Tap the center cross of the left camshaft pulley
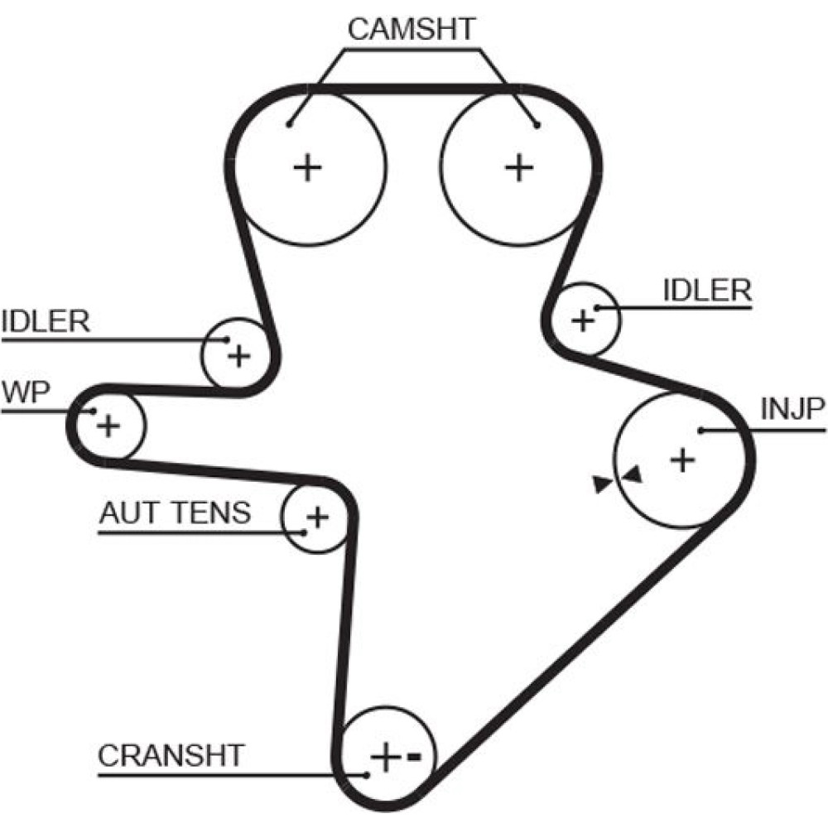pyautogui.click(x=308, y=168)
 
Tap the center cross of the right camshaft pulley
pyautogui.click(x=520, y=168)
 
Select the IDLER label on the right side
pyautogui.click(x=707, y=291)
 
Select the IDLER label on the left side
pyautogui.click(x=46, y=321)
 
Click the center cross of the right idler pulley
pyautogui.click(x=584, y=320)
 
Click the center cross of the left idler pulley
pyautogui.click(x=238, y=357)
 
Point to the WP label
pyautogui.click(x=22, y=392)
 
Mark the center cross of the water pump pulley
pyautogui.click(x=108, y=426)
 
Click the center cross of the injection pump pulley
pyautogui.click(x=682, y=459)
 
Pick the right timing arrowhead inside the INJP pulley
pyautogui.click(x=633, y=475)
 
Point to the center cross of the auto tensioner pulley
pyautogui.click(x=317, y=518)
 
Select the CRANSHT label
pyautogui.click(x=171, y=755)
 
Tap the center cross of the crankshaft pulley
pyautogui.click(x=385, y=757)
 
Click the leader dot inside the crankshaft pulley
pyautogui.click(x=367, y=775)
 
